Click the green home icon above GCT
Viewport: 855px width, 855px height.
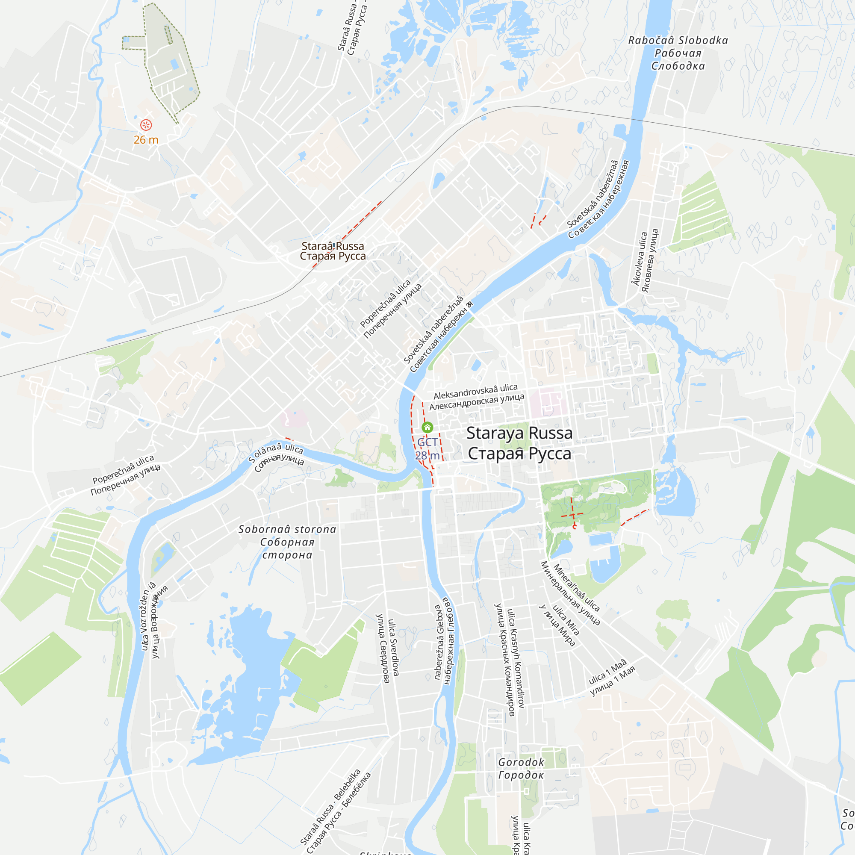pos(427,427)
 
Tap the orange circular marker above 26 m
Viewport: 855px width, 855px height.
pos(146,125)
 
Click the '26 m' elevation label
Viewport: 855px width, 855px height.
pos(146,140)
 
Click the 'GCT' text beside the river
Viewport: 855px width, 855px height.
pos(427,442)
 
